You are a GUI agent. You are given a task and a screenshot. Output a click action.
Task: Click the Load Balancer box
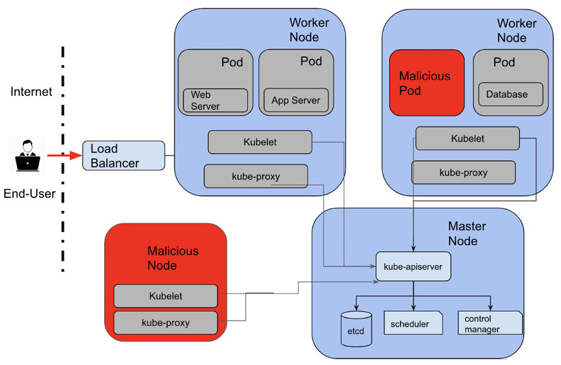coord(123,155)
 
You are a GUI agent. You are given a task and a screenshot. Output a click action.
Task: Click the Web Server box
coord(214,100)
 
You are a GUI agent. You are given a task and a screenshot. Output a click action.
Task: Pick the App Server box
coord(295,100)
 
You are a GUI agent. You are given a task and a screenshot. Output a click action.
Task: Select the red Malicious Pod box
coord(426,82)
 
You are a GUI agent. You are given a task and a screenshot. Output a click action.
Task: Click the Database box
coord(510,95)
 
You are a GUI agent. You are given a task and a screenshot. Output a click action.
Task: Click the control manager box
coord(489,323)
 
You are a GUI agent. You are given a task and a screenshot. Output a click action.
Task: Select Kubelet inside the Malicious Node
coord(165,296)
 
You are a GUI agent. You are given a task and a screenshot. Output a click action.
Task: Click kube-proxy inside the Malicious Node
coord(165,322)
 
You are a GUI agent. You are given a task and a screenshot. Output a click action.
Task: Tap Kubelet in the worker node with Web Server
coord(260,142)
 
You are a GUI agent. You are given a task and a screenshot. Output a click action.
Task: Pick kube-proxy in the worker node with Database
coord(463,173)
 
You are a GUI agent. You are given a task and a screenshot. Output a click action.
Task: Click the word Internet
coord(32,92)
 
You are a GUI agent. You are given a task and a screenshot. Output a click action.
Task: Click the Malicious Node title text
coord(173,258)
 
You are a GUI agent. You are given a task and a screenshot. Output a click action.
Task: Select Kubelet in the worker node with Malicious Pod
coord(467,138)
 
